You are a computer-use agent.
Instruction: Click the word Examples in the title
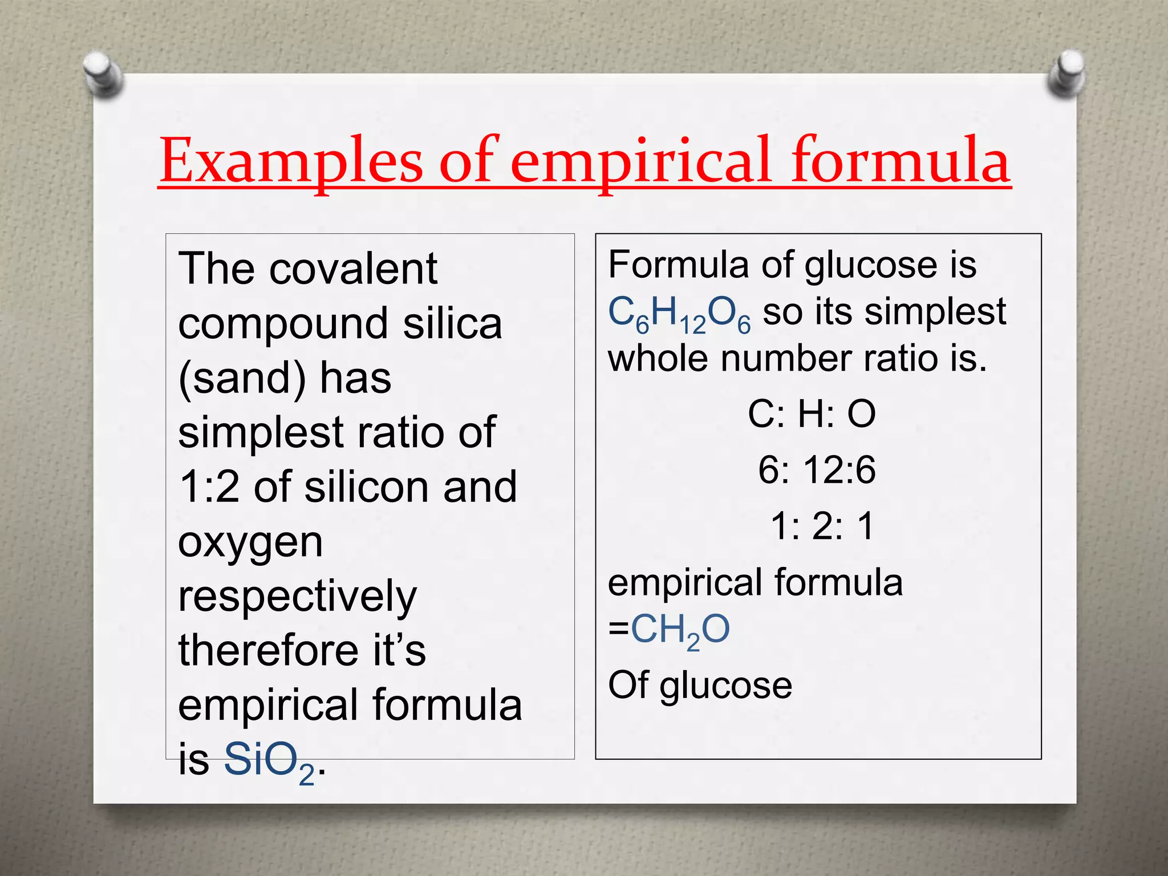click(291, 161)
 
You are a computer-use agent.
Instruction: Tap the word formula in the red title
click(901, 161)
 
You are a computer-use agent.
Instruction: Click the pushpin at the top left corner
click(103, 74)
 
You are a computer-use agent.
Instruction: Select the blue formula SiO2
click(269, 762)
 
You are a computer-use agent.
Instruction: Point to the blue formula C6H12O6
click(679, 314)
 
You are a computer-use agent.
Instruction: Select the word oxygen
click(250, 542)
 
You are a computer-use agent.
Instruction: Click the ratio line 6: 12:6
click(816, 470)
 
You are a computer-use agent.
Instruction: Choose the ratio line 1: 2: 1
click(822, 525)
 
